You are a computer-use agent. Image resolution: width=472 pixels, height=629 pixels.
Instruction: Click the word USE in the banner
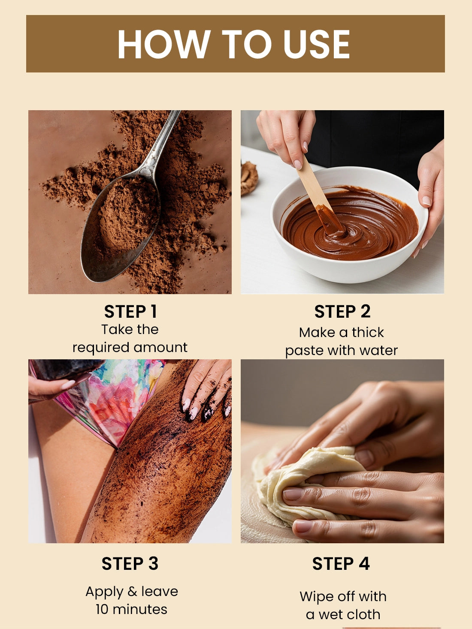[317, 44]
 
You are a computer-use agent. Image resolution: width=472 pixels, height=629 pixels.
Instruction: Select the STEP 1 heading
[130, 311]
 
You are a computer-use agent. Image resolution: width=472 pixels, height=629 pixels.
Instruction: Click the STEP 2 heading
[342, 311]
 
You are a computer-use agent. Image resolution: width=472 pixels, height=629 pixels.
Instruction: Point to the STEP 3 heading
[130, 564]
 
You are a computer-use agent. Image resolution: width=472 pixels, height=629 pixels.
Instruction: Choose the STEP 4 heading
[341, 564]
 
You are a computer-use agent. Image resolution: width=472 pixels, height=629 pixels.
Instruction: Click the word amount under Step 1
[160, 347]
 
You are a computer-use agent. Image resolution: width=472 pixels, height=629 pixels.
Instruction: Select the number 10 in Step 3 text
[103, 610]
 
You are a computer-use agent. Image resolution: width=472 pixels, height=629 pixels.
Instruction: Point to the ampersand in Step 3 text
[132, 591]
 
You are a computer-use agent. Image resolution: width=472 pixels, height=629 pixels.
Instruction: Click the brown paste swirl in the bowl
[350, 225]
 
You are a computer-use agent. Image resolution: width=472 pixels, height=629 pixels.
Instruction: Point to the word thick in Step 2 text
[368, 332]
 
